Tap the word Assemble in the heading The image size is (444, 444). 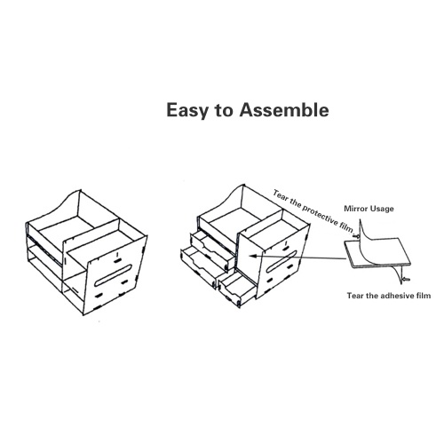coord(284,110)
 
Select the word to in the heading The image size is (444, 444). coord(224,111)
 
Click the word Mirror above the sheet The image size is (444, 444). coord(355,209)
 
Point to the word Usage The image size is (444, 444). coord(381,209)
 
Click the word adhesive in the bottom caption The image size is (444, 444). coord(394,296)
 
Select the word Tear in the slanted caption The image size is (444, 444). coord(279,195)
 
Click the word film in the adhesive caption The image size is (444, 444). coord(421,296)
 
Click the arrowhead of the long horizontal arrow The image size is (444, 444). coord(252,256)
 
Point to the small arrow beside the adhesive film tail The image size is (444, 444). coord(407,279)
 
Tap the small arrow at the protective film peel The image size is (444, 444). coord(355,236)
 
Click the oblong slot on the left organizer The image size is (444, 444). coord(113,276)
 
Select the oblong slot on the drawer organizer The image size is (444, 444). coord(282,262)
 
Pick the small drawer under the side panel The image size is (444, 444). coord(237,288)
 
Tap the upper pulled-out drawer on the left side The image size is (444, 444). coord(212,250)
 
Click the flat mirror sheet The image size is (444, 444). coord(378,254)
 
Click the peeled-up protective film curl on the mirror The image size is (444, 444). coord(367,233)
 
